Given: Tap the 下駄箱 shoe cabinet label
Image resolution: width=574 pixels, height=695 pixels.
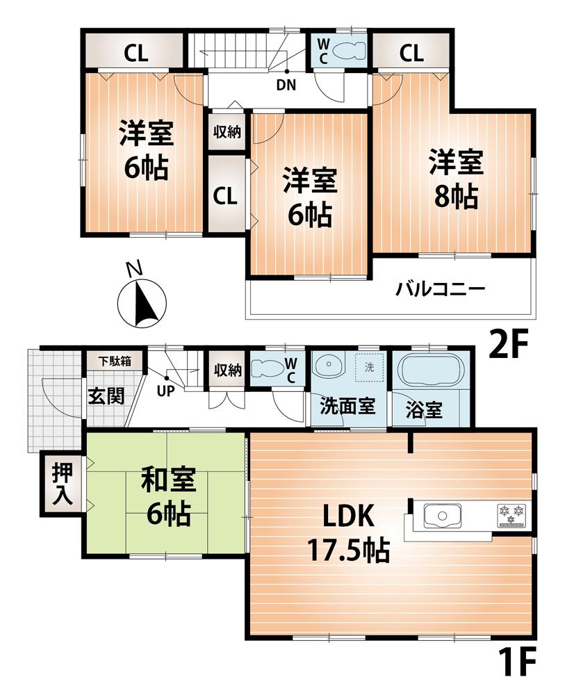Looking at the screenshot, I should (113, 361).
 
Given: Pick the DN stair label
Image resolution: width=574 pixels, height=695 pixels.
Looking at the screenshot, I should (286, 86).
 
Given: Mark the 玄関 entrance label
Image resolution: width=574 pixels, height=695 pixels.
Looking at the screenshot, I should (106, 396).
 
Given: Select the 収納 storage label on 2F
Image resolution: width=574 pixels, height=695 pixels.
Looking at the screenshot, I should (227, 131).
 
